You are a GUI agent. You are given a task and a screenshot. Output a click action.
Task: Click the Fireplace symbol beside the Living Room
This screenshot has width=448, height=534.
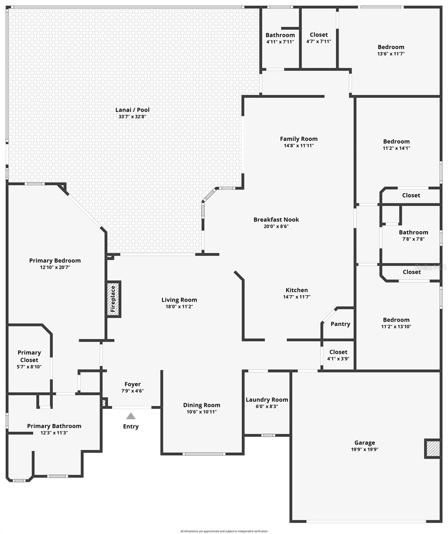tap(113, 299)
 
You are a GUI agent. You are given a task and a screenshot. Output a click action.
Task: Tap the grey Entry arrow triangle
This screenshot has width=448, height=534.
tap(131, 416)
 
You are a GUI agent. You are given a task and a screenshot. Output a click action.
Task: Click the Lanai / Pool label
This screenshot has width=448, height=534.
tap(133, 110)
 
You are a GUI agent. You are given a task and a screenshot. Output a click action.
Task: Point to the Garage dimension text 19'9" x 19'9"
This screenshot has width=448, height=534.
tap(364, 449)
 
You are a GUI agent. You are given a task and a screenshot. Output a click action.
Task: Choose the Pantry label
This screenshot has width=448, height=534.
tap(340, 324)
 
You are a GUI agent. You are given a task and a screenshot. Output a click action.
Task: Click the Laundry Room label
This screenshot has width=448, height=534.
tap(267, 400)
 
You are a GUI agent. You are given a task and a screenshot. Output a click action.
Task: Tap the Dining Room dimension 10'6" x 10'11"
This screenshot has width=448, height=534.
tap(202, 412)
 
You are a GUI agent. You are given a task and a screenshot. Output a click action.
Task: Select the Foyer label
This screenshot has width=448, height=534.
tap(133, 384)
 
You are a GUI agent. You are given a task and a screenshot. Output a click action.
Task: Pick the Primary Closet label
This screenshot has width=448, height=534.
tap(29, 356)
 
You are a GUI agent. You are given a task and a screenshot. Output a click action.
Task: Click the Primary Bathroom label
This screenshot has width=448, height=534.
tap(54, 426)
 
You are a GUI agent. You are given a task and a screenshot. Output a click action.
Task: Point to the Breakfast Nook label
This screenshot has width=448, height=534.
tap(276, 219)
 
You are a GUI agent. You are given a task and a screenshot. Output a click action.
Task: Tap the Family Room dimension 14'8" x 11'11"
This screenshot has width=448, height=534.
tap(299, 146)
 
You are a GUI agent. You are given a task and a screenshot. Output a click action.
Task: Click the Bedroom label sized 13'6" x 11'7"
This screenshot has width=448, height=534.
tap(391, 47)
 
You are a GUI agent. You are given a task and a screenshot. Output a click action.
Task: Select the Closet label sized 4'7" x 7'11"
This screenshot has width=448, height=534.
tap(319, 35)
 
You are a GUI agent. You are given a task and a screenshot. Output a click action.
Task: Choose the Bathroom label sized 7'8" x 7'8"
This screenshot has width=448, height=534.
tap(413, 232)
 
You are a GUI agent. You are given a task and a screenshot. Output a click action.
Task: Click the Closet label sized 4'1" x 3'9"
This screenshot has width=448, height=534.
tap(338, 352)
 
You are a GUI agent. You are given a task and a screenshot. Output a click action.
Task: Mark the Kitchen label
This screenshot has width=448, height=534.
tap(297, 290)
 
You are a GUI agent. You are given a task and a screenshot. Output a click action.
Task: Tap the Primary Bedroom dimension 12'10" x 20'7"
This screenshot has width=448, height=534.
tap(55, 267)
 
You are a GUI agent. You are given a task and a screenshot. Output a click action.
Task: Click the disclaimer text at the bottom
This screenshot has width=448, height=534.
tap(224, 531)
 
